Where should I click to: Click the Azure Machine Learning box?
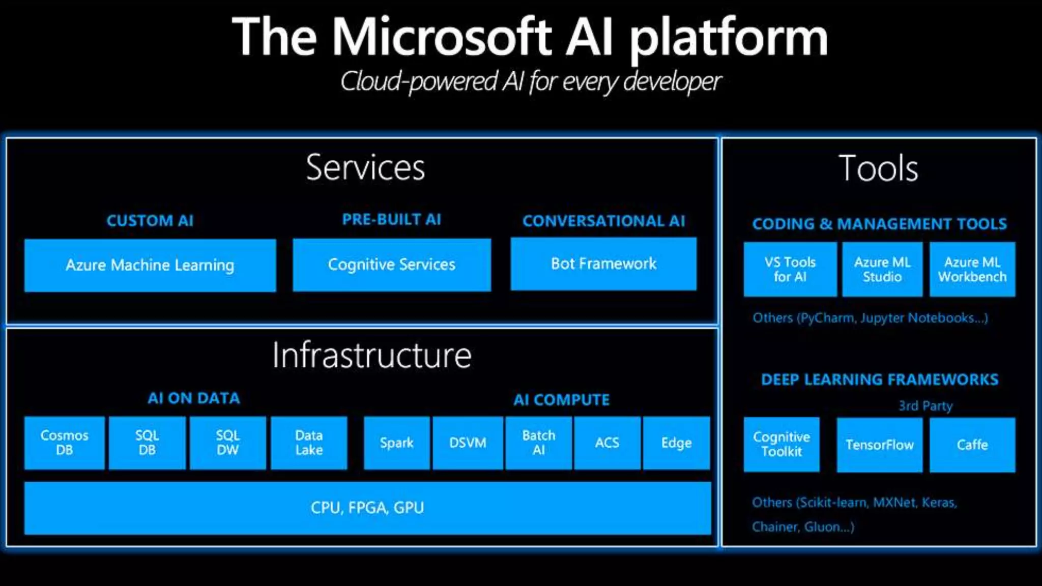[150, 265]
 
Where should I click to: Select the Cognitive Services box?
[392, 265]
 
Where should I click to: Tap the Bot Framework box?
[603, 263]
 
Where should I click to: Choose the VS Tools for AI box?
[790, 269]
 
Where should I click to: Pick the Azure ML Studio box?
[882, 269]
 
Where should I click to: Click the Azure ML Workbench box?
[972, 269]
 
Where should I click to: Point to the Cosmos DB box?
[65, 443]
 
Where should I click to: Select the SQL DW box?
[227, 443]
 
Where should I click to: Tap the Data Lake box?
[309, 443]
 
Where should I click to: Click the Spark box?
[397, 443]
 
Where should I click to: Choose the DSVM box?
[468, 443]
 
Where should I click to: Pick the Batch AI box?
[539, 443]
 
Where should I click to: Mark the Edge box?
[676, 443]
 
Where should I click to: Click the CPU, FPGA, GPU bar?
[367, 508]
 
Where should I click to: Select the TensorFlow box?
[880, 445]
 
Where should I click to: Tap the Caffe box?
[972, 445]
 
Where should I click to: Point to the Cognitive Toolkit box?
[781, 445]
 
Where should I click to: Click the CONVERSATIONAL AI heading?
[603, 221]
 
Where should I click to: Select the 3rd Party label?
[925, 406]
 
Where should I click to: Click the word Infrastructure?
[372, 355]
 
